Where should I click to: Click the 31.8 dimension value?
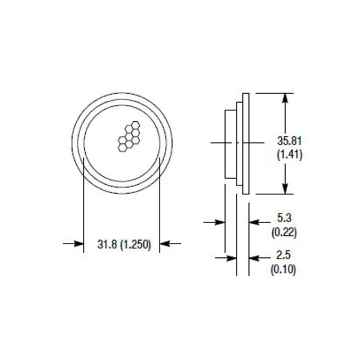pyautogui.click(x=107, y=244)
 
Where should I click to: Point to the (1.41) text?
pyautogui.click(x=289, y=154)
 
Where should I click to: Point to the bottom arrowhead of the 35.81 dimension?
pyautogui.click(x=285, y=189)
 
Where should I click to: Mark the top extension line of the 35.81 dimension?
pyautogui.click(x=273, y=92)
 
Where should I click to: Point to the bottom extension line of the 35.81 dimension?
pyautogui.click(x=273, y=194)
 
